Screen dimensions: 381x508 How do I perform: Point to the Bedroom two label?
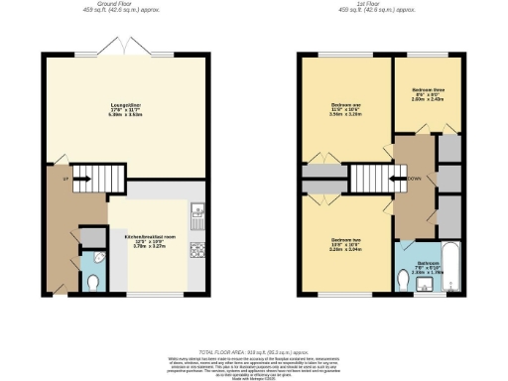tap(345, 241)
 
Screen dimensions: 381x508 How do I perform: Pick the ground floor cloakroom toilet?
tap(92, 282)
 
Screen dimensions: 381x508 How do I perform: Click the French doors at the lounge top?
tap(126, 52)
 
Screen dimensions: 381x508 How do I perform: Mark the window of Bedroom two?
tap(345, 295)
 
